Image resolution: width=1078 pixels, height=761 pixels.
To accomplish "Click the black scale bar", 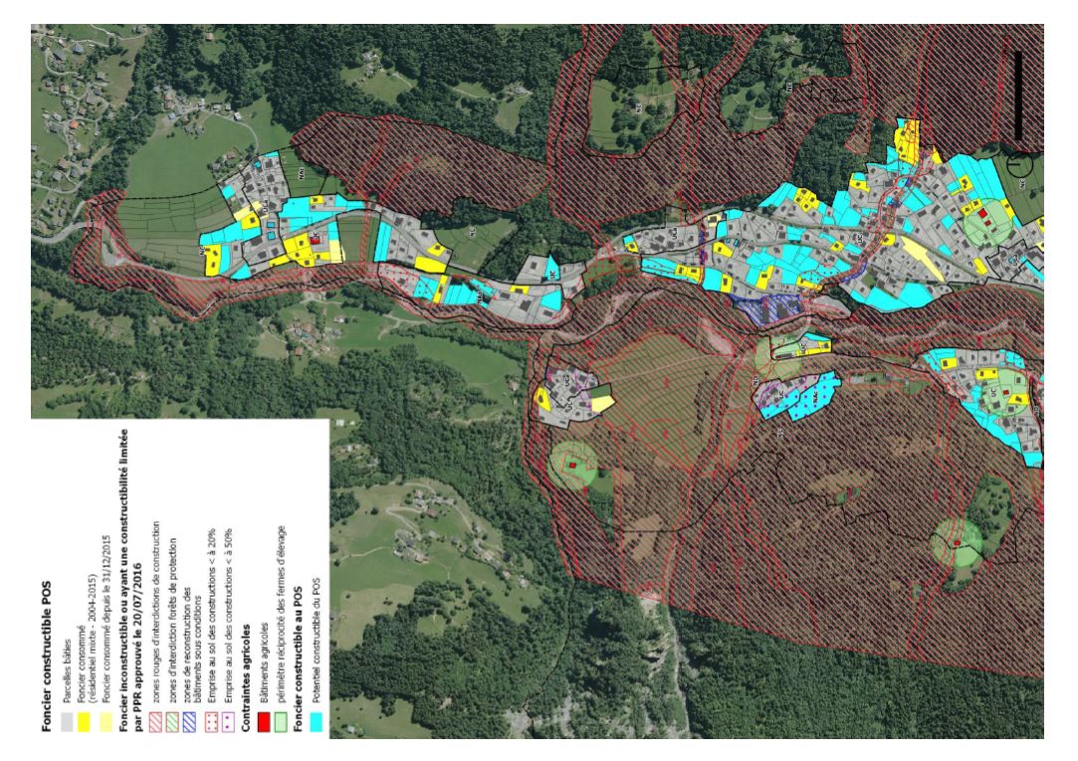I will tap(1018, 95).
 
